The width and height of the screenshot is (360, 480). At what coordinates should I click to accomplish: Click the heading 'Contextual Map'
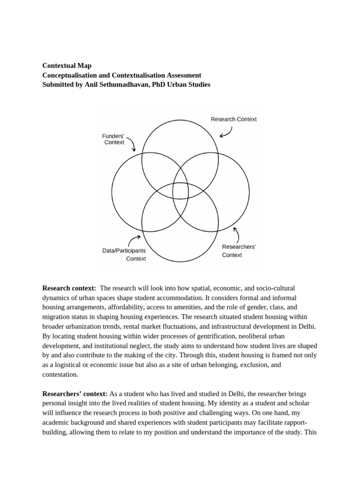coord(67,66)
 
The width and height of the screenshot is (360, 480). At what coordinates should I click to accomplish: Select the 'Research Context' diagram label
coord(233,120)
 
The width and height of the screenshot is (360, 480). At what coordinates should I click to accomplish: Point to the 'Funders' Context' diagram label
coord(113,139)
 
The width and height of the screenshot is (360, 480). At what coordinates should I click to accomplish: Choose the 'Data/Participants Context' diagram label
coord(124,255)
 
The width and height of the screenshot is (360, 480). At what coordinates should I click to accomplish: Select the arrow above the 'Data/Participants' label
coord(135,240)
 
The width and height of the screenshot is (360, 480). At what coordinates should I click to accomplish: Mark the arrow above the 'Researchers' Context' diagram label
coord(236,233)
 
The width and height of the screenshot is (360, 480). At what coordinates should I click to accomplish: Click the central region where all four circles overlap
coord(180,191)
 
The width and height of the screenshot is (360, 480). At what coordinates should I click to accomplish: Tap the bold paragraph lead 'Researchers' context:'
coord(75,394)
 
